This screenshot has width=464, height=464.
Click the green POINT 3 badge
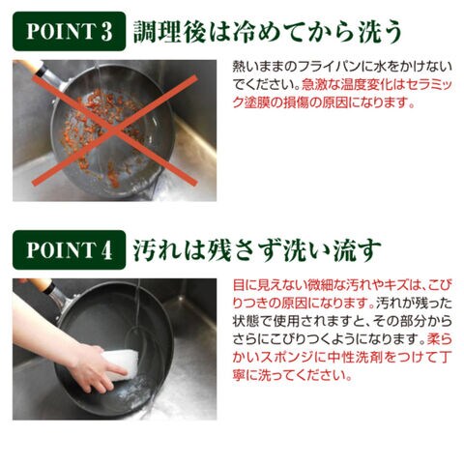(x=69, y=31)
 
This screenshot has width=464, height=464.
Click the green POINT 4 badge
(x=69, y=250)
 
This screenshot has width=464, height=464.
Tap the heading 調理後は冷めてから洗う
(x=267, y=31)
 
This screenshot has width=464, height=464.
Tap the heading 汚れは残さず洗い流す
(x=257, y=250)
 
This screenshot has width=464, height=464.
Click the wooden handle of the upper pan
(x=28, y=65)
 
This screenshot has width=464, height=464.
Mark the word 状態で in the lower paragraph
(x=252, y=322)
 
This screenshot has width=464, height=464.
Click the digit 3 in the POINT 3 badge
(x=106, y=32)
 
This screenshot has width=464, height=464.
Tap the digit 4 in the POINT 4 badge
(x=106, y=250)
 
